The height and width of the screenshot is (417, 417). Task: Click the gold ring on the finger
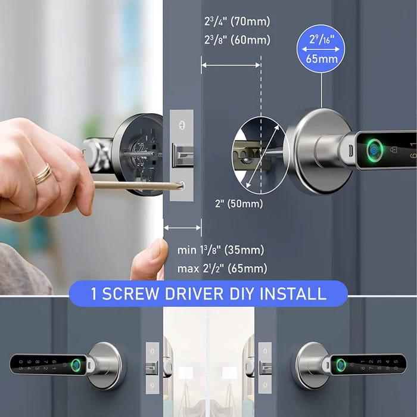[x=43, y=174]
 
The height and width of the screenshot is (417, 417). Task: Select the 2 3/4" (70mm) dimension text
[x=236, y=22]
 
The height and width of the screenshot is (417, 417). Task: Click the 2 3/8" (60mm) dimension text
[x=236, y=41]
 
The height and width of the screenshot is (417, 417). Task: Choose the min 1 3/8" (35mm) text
[x=220, y=250]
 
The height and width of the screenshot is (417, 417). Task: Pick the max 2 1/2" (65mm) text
[x=222, y=269]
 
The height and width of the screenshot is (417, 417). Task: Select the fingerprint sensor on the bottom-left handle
[x=76, y=364]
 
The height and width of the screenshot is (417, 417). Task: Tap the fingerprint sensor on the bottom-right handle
[x=340, y=364]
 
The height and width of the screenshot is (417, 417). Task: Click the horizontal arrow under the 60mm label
[x=231, y=66]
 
